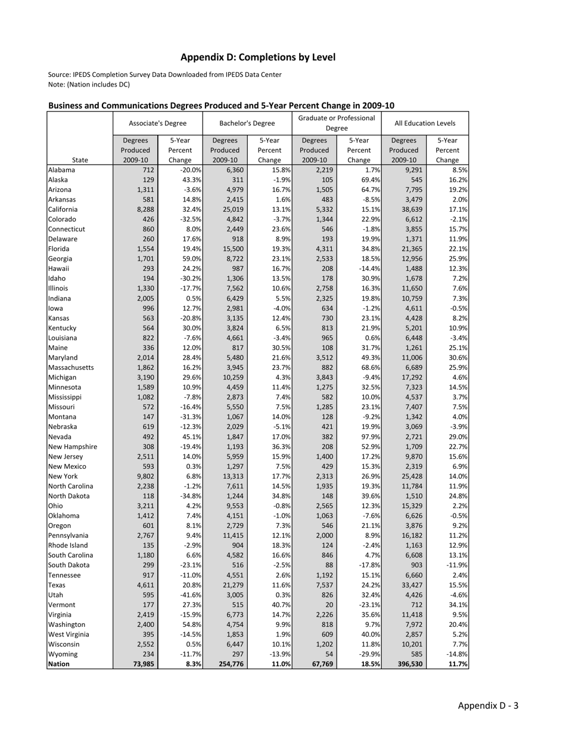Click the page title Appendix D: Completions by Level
(258, 57)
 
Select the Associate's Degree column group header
(157, 123)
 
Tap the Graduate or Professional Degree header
(337, 123)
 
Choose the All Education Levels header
(425, 123)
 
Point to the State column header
(79, 160)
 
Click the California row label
(63, 209)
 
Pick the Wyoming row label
(61, 654)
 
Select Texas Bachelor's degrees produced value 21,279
(228, 585)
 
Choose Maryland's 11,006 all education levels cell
(407, 358)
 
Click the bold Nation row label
(59, 664)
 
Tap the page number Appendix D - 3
(488, 706)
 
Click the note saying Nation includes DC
(89, 85)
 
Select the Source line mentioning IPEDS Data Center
(164, 75)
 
